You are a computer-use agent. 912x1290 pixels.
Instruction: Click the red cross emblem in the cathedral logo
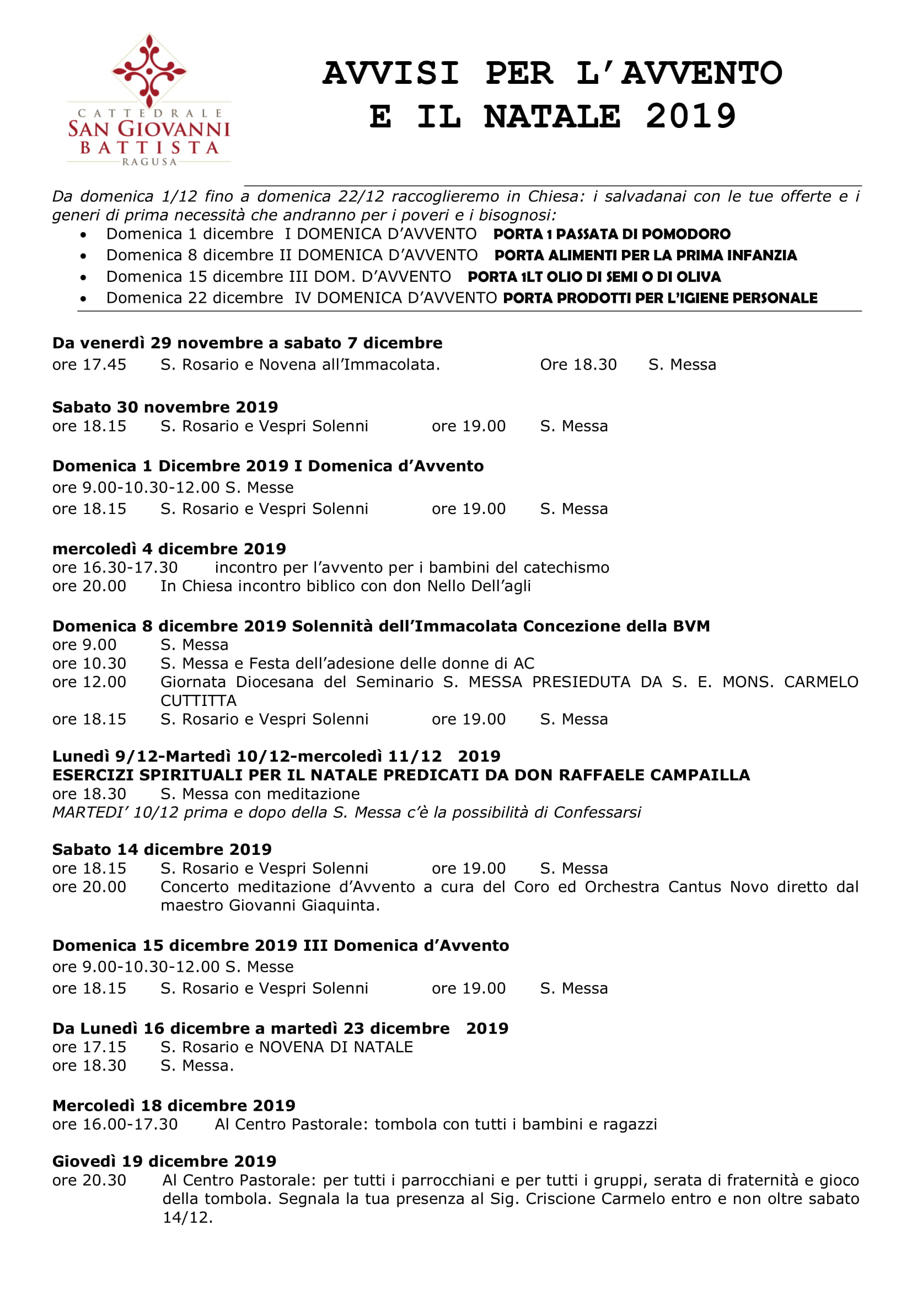(x=149, y=70)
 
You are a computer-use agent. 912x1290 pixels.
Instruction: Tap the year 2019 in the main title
(x=690, y=117)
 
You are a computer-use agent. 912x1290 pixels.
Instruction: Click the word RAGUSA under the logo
(x=149, y=162)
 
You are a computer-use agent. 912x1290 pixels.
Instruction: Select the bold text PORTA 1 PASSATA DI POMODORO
(x=611, y=234)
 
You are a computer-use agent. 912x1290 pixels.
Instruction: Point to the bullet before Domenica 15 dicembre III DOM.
(x=84, y=277)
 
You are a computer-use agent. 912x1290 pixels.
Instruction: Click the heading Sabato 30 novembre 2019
(x=165, y=407)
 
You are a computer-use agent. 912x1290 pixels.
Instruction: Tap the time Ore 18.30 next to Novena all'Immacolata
(x=578, y=365)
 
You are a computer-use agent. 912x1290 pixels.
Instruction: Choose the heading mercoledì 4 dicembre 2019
(x=169, y=548)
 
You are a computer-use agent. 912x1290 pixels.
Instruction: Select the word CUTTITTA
(x=199, y=700)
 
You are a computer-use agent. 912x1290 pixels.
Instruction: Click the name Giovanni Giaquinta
(x=304, y=905)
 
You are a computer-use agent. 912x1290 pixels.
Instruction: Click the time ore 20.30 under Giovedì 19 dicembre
(x=89, y=1180)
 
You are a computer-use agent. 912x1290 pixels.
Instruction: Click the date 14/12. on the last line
(x=187, y=1218)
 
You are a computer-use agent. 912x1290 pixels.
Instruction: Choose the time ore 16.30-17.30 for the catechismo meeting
(x=115, y=568)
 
